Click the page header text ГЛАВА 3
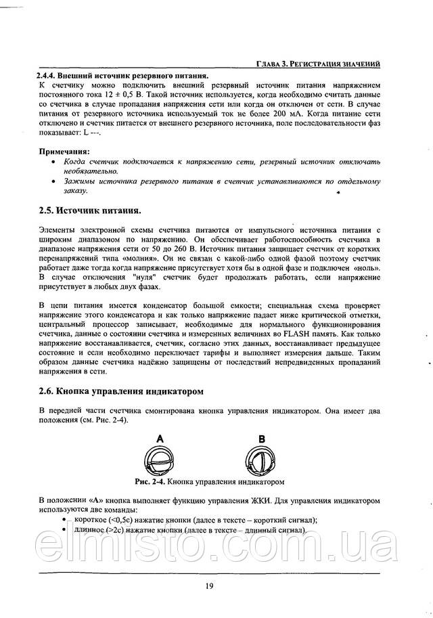273,64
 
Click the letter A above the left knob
160,439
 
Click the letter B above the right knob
260,439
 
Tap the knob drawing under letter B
260,463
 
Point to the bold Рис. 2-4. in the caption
150,482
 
